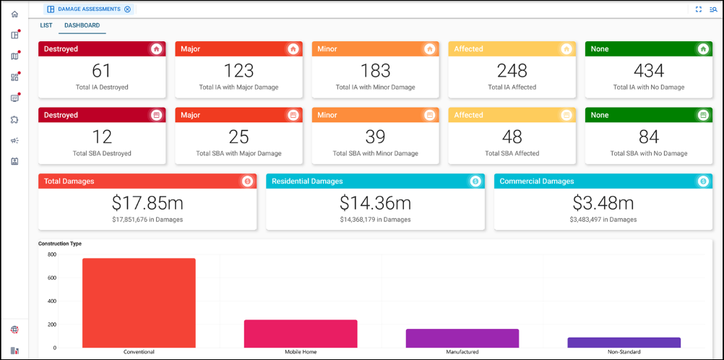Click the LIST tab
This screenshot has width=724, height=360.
(46, 25)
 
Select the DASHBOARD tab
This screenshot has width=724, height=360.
(82, 25)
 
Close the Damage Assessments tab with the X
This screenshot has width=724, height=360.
(128, 9)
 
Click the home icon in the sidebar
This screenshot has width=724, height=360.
(14, 14)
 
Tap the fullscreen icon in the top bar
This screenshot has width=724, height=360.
(699, 9)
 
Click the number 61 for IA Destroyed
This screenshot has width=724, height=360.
(102, 71)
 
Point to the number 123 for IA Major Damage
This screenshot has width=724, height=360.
(238, 71)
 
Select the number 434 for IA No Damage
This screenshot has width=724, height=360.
(648, 71)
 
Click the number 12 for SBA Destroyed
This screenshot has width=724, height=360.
(102, 137)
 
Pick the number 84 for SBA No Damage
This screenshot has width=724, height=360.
(648, 137)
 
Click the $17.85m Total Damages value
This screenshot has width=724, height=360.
(147, 203)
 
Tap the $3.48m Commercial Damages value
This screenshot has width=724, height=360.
(603, 203)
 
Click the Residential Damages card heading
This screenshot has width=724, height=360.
(307, 181)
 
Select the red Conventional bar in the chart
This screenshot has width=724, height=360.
(139, 303)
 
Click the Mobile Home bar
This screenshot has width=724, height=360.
(301, 333)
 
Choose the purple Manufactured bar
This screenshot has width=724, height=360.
(462, 338)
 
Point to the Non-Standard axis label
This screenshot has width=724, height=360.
(624, 352)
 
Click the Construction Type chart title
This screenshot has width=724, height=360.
(60, 244)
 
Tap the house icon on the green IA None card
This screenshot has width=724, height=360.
(703, 49)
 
